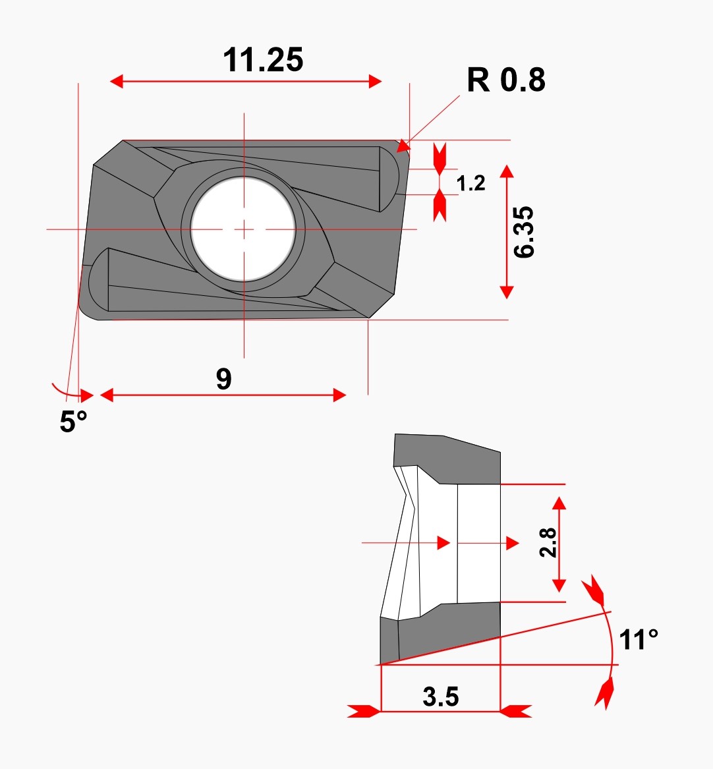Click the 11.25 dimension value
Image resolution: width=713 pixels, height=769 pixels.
[264, 60]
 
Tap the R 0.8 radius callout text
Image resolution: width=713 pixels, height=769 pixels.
[506, 80]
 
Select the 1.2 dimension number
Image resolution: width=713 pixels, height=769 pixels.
[471, 183]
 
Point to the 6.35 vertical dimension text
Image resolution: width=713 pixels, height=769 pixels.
[523, 232]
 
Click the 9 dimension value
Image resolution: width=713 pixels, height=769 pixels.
[223, 379]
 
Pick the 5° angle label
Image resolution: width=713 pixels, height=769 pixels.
[74, 421]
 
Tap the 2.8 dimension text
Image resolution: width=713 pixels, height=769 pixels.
[548, 542]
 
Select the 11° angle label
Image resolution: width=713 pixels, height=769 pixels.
[639, 640]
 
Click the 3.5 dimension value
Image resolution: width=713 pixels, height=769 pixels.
[441, 697]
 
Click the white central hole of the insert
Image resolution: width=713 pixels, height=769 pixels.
[243, 229]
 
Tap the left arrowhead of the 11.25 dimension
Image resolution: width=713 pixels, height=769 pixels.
[116, 82]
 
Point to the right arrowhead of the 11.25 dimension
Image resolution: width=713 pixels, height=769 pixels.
[375, 82]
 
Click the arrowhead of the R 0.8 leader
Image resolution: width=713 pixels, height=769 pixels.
[403, 146]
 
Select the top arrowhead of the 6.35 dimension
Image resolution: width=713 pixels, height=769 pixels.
[507, 171]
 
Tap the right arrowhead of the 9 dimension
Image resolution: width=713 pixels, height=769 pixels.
[339, 395]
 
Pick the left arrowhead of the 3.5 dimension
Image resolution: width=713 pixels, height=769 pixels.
[364, 711]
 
